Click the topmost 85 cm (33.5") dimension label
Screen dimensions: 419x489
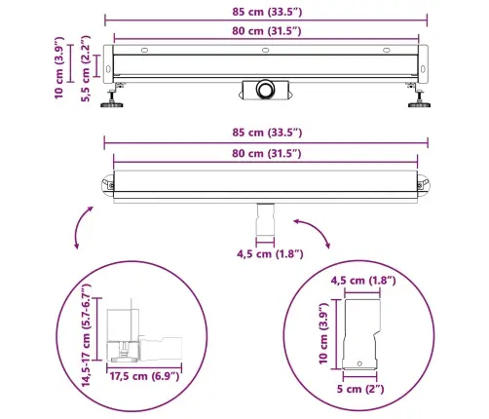point(264,12)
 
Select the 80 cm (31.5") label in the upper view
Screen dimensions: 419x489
point(265,31)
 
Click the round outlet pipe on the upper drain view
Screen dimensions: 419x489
point(264,90)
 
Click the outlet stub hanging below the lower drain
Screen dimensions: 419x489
point(266,220)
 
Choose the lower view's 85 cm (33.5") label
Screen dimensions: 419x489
point(264,133)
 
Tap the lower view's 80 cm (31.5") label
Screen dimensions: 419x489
point(265,152)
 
